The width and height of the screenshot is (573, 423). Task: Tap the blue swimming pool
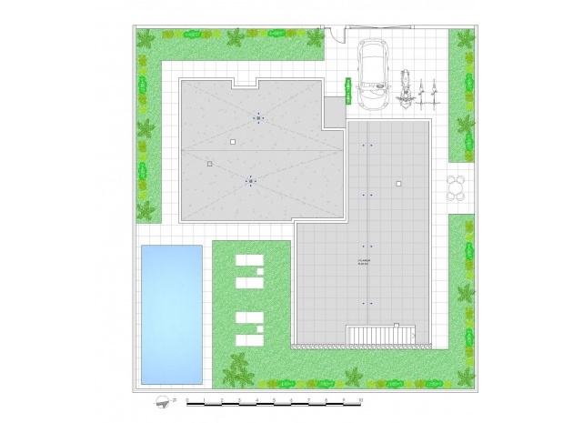[171, 314]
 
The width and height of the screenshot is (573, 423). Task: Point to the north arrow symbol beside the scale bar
[163, 400]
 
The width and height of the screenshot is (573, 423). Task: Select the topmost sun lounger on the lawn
[248, 263]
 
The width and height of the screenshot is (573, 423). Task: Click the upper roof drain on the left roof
[258, 118]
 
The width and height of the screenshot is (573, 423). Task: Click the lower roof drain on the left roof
[250, 181]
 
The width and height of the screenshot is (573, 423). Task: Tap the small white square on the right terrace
[397, 185]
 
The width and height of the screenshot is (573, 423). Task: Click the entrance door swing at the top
[337, 35]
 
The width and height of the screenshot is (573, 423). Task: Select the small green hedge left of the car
[347, 86]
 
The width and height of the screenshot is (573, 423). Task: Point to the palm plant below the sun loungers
[238, 368]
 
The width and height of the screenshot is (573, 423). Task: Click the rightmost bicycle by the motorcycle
[438, 91]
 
